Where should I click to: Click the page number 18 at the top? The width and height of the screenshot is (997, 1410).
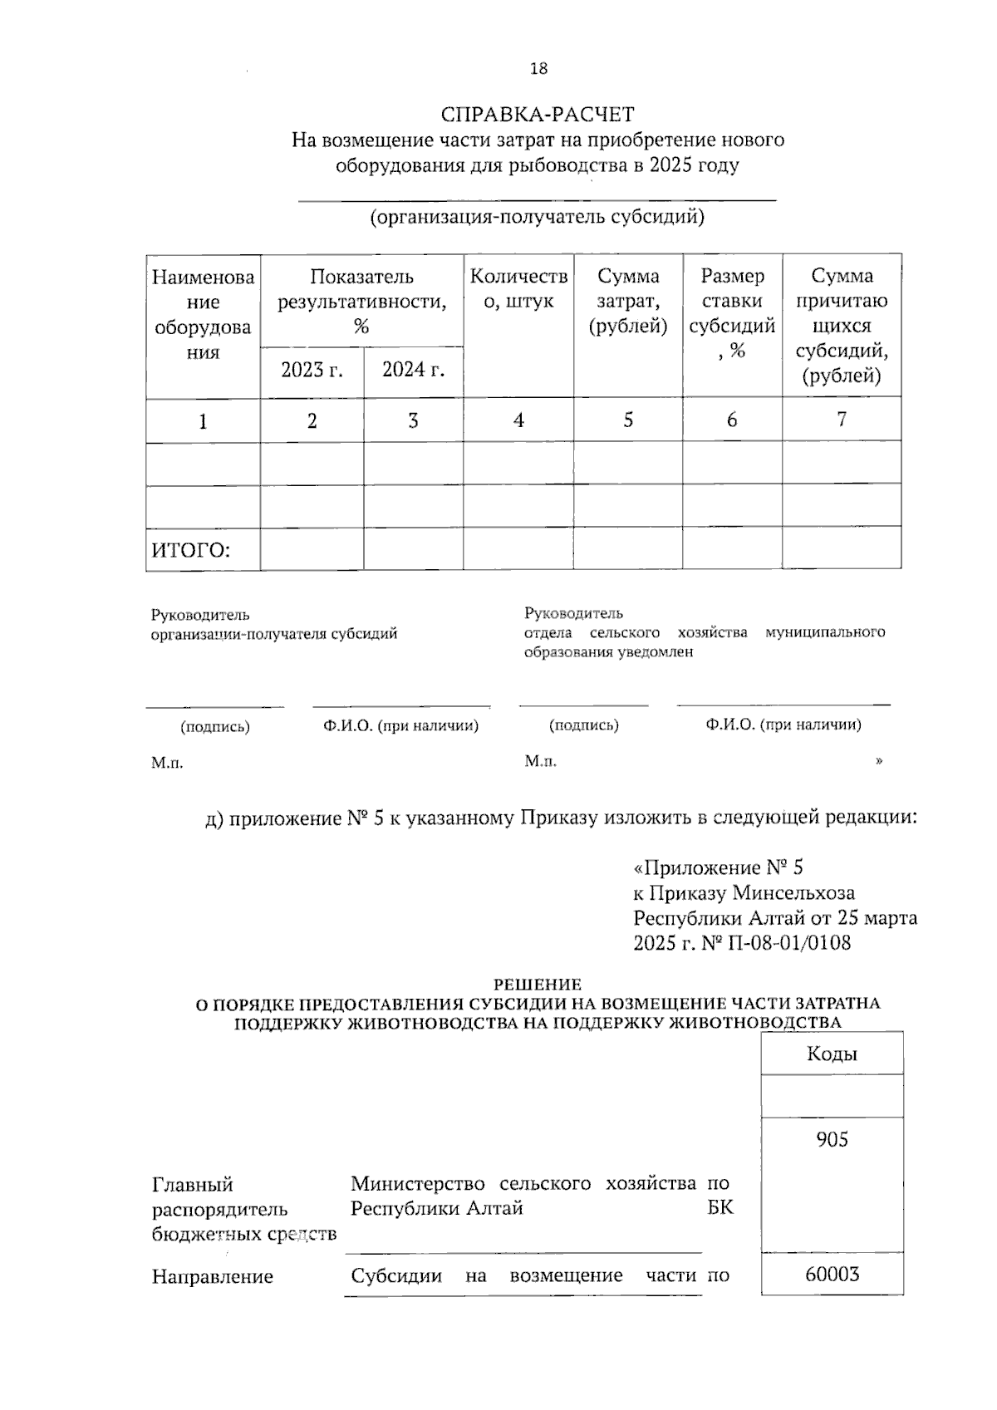538,69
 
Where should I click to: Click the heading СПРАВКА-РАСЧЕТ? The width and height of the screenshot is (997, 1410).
538,114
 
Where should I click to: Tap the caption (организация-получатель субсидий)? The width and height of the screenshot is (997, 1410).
538,218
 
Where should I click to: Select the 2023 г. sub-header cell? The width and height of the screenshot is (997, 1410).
312,370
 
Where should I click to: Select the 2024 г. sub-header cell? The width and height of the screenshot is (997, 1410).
413,370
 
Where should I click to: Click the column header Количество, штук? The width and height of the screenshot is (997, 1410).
518,288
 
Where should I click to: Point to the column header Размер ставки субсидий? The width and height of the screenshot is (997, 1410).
732,313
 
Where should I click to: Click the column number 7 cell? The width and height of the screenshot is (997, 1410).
842,420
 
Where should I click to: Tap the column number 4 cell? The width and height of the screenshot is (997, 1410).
518,420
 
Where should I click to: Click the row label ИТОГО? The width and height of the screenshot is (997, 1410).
191,550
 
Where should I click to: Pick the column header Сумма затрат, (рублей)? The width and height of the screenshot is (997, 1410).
628,301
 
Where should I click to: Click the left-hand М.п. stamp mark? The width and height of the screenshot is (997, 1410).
167,763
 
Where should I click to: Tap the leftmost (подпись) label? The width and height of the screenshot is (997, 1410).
215,727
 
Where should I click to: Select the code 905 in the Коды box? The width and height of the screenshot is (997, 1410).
832,1140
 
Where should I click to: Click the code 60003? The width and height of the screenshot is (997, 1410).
832,1274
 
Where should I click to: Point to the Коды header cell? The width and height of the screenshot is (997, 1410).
832,1054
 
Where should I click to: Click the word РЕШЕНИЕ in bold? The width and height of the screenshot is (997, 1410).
538,985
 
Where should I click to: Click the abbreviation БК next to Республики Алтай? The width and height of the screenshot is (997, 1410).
720,1207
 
